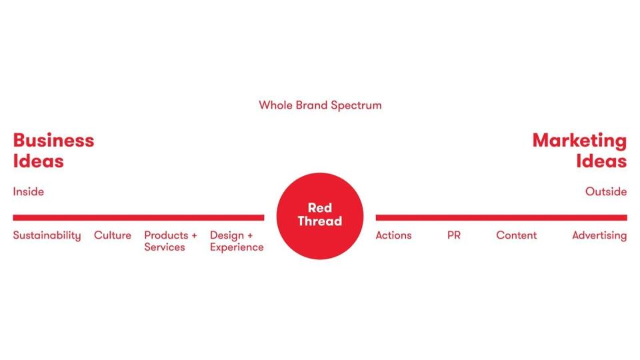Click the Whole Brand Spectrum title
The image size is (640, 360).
click(320, 105)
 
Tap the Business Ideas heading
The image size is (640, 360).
click(53, 151)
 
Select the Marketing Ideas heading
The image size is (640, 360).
click(579, 151)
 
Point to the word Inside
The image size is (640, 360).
click(28, 192)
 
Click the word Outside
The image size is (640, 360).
click(606, 192)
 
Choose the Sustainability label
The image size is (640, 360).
click(47, 235)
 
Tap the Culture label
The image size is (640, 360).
click(113, 235)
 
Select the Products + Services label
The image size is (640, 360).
click(171, 241)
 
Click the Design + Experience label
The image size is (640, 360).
click(237, 241)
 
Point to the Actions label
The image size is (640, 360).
click(393, 235)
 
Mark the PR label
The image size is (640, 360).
click(454, 235)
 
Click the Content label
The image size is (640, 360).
click(516, 235)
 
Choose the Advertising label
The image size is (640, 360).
click(599, 235)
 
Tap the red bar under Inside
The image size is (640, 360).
click(138, 217)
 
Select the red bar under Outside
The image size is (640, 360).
click(501, 217)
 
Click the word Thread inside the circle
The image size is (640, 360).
click(320, 221)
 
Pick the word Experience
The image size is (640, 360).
click(237, 247)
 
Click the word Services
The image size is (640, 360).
click(165, 247)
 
